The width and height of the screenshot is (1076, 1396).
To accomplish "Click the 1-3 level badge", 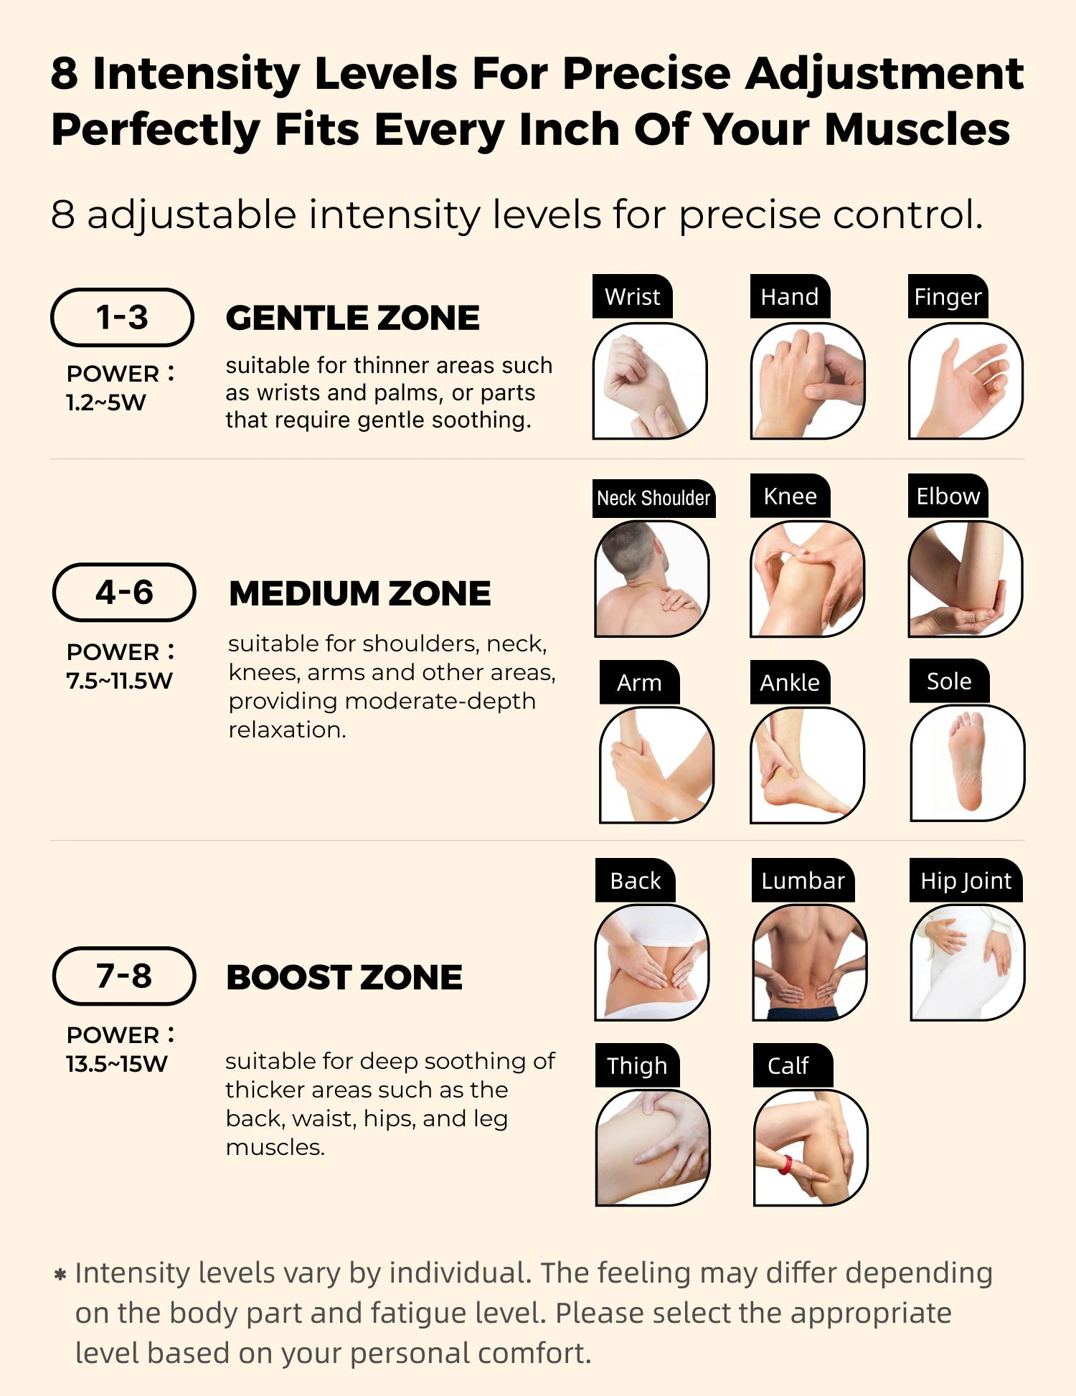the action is pyautogui.click(x=122, y=317).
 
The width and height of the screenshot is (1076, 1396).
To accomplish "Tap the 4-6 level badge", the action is pyautogui.click(x=124, y=593).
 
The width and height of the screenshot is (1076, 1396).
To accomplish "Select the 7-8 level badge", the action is pyautogui.click(x=124, y=976).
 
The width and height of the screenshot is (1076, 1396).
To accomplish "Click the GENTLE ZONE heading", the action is pyautogui.click(x=352, y=318).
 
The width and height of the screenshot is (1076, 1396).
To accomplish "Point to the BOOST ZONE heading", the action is pyautogui.click(x=344, y=977).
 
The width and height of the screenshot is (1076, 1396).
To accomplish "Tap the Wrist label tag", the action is pyautogui.click(x=633, y=296).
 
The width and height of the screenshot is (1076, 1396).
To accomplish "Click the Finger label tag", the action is pyautogui.click(x=948, y=296).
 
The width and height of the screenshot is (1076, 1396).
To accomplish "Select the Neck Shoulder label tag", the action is pyautogui.click(x=654, y=498).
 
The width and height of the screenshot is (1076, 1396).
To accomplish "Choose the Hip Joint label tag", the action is pyautogui.click(x=966, y=880).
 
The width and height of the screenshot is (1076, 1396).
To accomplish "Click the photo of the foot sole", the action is pyautogui.click(x=967, y=763).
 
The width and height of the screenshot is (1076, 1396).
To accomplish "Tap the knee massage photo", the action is pyautogui.click(x=808, y=579).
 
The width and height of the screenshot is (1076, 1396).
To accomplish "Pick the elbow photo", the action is pyautogui.click(x=966, y=579).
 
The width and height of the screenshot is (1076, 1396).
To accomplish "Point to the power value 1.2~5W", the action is pyautogui.click(x=105, y=402).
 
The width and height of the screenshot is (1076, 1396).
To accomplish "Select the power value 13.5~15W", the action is pyautogui.click(x=116, y=1064).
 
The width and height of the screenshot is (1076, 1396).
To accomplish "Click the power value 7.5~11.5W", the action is pyautogui.click(x=119, y=681).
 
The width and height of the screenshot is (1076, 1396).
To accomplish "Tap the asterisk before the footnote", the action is pyautogui.click(x=60, y=1275).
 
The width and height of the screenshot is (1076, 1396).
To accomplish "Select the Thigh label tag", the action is pyautogui.click(x=637, y=1065).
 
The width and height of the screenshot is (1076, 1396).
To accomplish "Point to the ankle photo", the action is pyautogui.click(x=808, y=765).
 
